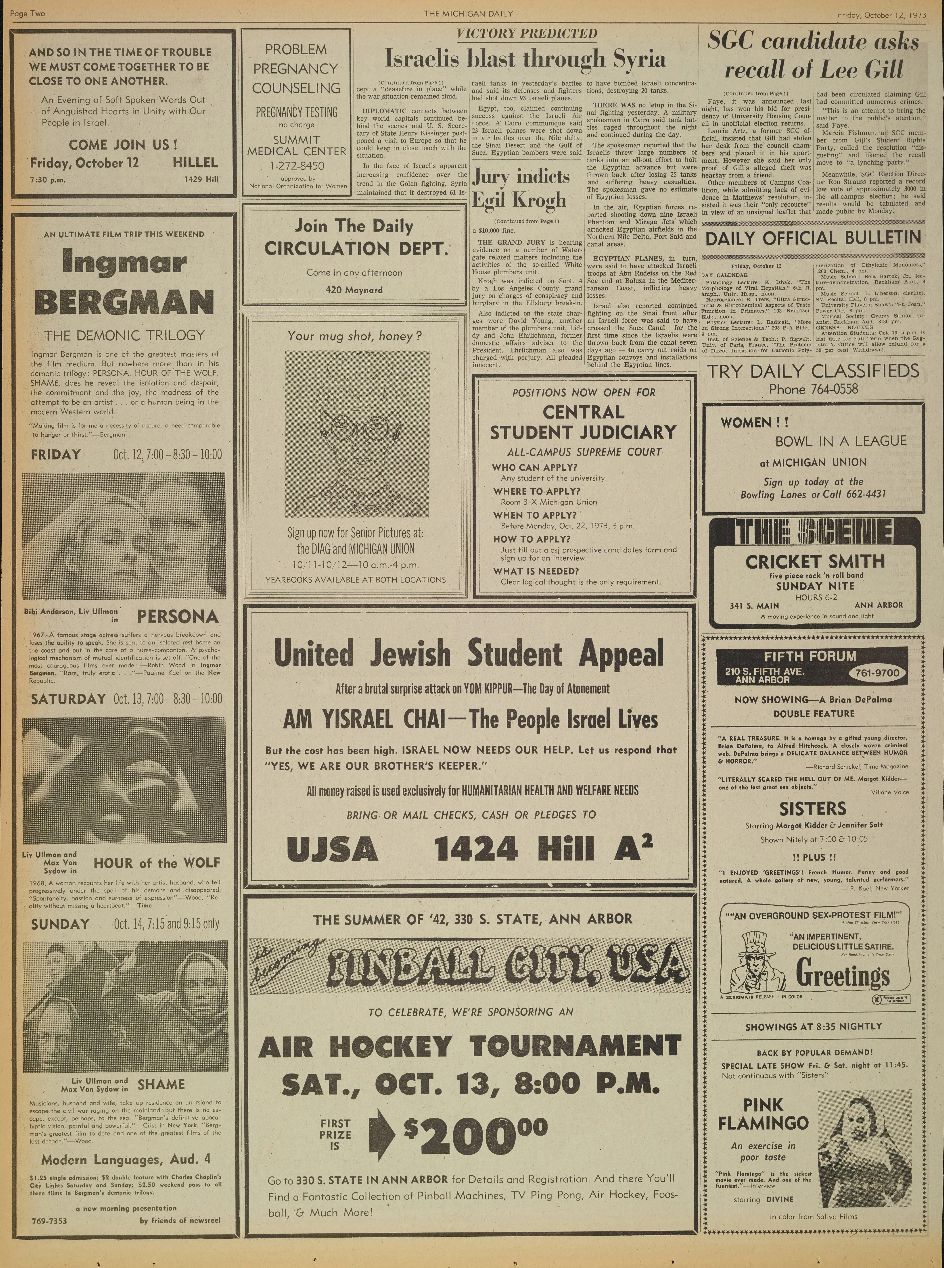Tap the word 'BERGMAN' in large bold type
[123, 303]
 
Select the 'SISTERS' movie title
[813, 809]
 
